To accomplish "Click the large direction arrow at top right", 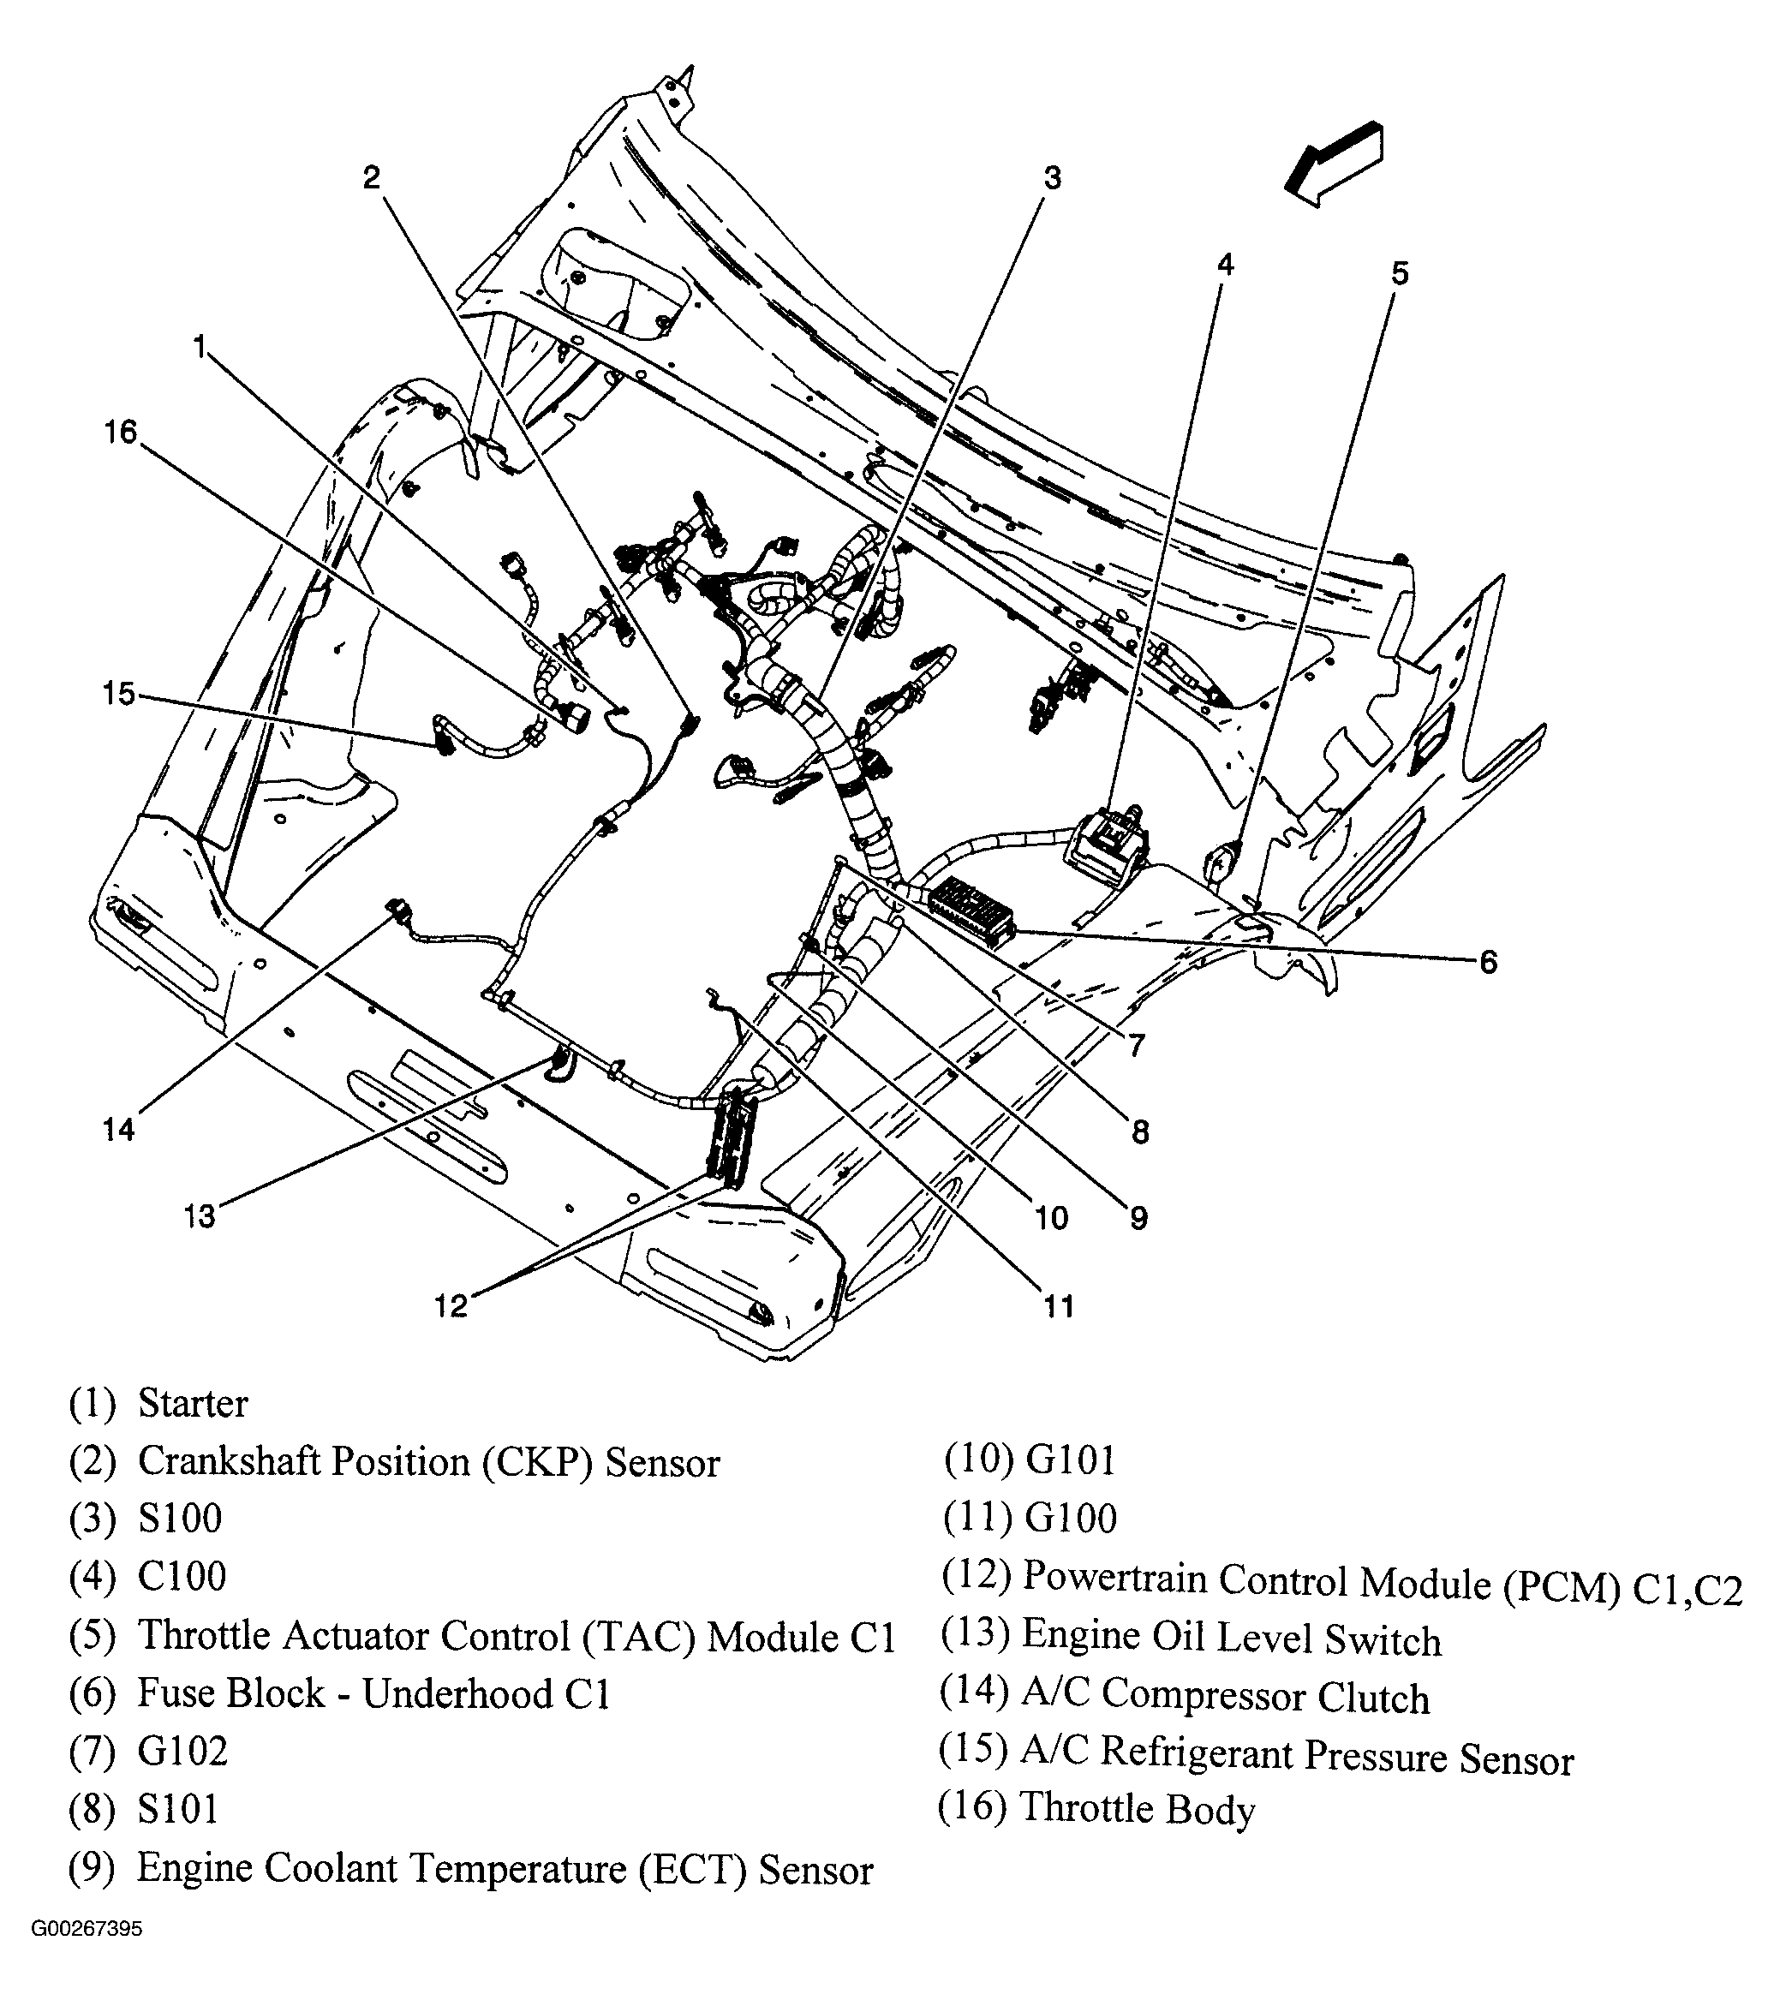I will (1334, 164).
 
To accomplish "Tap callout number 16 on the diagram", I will (122, 432).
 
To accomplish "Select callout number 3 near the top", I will (1052, 178).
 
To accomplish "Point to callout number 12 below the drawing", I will (451, 1305).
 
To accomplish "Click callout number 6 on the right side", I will (1487, 962).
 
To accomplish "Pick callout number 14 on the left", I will (118, 1130).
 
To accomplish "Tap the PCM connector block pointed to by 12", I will (733, 1141).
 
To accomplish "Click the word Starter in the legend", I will (193, 1403).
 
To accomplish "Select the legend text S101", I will (177, 1808).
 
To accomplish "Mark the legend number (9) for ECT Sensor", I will (91, 1867).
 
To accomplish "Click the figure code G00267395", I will (87, 1956).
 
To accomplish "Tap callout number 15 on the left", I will (118, 694).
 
